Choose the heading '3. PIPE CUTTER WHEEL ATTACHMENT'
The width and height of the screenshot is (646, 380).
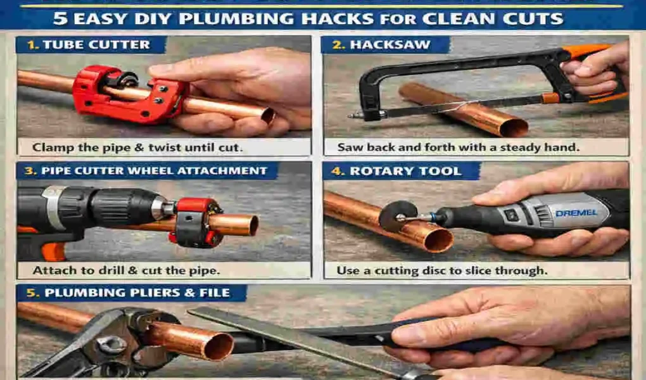pyautogui.click(x=146, y=171)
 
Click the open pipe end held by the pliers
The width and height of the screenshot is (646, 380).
pyautogui.click(x=218, y=345)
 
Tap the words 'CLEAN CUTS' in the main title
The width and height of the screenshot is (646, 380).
pyautogui.click(x=500, y=17)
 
